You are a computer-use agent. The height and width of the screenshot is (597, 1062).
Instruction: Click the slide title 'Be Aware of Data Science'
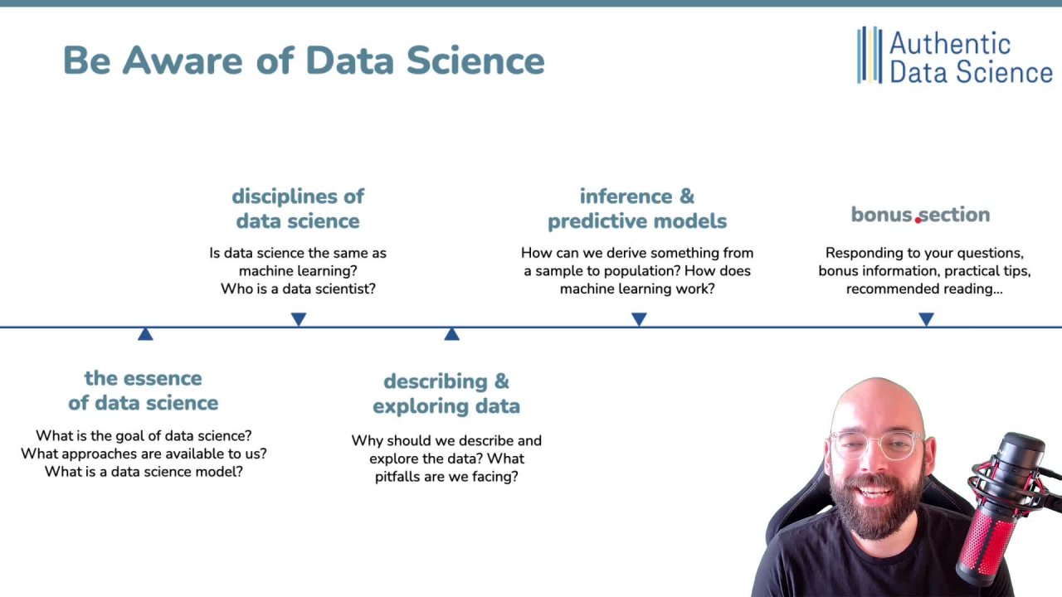[x=304, y=61]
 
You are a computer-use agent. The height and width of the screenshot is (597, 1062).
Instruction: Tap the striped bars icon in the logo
[x=869, y=55]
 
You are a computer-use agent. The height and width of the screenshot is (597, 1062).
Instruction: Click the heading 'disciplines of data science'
[x=298, y=209]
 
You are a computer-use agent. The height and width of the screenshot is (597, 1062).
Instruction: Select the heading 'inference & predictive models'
[x=637, y=209]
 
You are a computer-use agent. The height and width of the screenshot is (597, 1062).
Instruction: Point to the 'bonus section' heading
[x=920, y=215]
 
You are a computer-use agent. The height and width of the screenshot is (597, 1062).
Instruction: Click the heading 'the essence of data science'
[x=143, y=391]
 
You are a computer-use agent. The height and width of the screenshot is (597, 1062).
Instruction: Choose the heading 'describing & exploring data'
[x=446, y=394]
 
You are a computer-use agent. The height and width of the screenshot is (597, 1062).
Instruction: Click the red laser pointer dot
[x=918, y=220]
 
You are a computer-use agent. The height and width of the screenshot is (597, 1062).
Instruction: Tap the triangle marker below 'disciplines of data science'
[x=299, y=319]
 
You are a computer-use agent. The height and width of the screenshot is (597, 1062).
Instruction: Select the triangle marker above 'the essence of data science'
[x=145, y=334]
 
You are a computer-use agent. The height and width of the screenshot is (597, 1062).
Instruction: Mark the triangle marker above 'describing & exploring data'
[x=451, y=334]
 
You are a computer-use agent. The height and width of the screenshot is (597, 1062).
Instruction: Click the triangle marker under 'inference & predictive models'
[x=639, y=319]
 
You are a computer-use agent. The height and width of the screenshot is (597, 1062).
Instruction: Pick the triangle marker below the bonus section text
[x=926, y=319]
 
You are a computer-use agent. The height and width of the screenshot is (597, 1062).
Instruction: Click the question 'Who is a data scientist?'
[x=298, y=289]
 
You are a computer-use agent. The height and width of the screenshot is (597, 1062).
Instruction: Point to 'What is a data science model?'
[x=144, y=471]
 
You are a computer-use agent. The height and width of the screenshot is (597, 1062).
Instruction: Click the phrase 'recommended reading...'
[x=924, y=289]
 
